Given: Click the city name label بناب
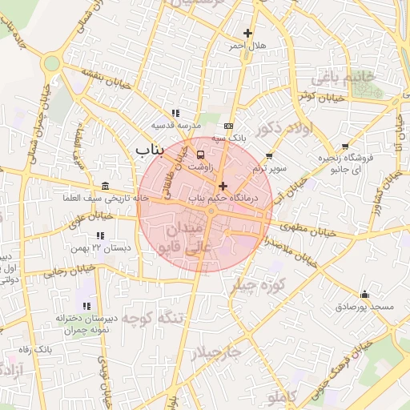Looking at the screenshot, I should pos(149,149).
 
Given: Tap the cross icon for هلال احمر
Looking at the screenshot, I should pos(247,34).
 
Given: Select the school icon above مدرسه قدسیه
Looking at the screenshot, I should pos(175,114).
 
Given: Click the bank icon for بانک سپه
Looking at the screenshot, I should pos(230,127).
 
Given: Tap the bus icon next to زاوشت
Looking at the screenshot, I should pos(200,155).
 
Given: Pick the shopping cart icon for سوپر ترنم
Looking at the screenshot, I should pos(269,157).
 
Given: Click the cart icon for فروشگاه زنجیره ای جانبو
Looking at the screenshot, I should pos(345,147).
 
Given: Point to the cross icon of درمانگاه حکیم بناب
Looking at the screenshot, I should pos(223,185).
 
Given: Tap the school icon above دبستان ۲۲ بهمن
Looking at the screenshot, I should pos(100,236).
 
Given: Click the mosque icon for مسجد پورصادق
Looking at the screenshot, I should pos(365,295).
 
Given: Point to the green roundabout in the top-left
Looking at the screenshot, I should pos(53,62).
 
